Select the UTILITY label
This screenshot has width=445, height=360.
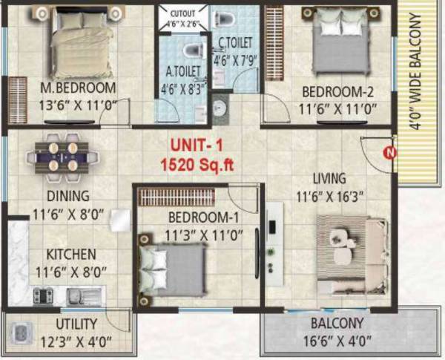click(x=76, y=324)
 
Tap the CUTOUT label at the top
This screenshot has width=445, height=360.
click(x=183, y=13)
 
